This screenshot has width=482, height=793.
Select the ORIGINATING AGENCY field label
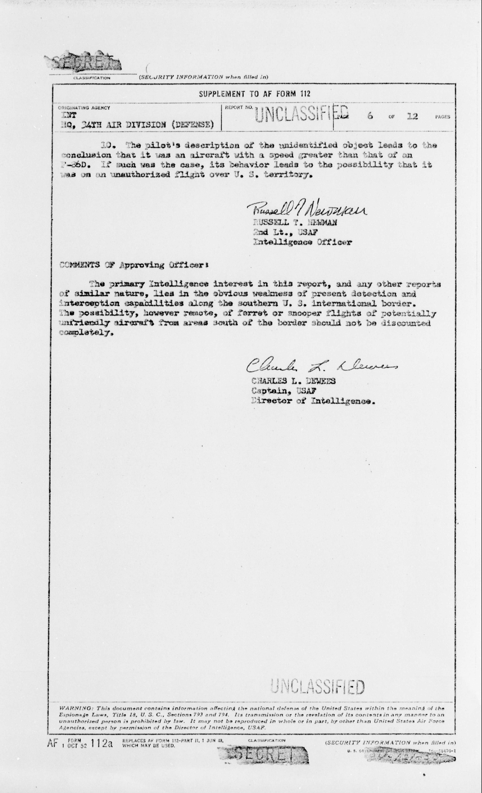pos(84,108)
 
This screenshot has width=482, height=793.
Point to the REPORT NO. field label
pos(239,107)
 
